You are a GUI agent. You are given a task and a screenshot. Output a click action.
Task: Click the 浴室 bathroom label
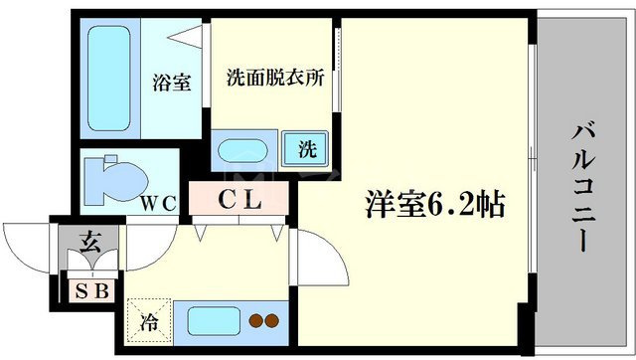point(172,83)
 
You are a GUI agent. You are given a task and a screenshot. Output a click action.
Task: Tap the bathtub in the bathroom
point(109,79)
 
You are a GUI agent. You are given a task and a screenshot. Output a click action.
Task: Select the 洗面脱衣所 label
point(275,78)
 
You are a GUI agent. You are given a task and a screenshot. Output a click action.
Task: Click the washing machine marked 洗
point(305,148)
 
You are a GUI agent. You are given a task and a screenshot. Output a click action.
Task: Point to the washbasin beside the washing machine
point(242,151)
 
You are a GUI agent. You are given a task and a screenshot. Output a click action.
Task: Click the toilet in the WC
point(115,180)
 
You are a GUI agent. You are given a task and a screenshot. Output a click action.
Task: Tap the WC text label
point(159,203)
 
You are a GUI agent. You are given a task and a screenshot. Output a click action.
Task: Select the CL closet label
point(239,199)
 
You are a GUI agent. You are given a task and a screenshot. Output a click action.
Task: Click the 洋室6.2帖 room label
point(435,204)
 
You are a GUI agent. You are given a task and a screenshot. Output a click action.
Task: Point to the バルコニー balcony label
point(583,188)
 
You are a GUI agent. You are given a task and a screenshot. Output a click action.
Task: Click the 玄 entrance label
point(89,242)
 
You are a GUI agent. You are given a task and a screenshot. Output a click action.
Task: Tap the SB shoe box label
point(92,290)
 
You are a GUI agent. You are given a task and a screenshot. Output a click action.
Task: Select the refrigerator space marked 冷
point(149,320)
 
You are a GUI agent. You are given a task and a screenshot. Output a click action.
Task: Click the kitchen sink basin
point(214,321)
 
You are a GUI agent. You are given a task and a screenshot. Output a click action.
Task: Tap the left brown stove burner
point(256,320)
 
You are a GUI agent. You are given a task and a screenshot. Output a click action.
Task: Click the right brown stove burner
point(271,320)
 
